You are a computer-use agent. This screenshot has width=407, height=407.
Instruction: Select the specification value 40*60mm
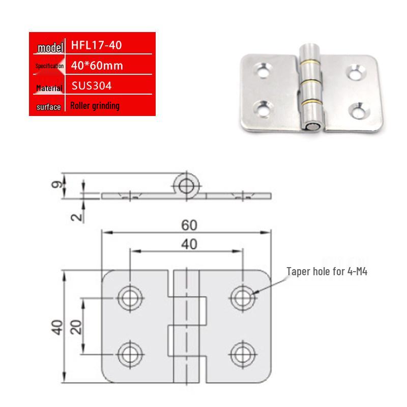(x=97, y=65)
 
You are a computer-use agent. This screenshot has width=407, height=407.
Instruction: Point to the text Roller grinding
(x=95, y=106)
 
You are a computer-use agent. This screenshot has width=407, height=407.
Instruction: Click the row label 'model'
(x=49, y=49)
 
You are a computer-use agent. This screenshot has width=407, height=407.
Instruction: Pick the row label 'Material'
(x=49, y=89)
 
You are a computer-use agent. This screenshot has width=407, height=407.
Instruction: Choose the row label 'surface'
(x=49, y=107)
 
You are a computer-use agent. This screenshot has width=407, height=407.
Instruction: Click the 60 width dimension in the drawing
(x=186, y=224)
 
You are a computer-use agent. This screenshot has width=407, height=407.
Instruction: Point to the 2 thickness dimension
(x=76, y=216)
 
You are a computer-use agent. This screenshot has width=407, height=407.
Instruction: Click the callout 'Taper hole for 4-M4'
(x=327, y=272)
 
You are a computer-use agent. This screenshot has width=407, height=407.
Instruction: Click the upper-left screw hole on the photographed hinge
(x=264, y=69)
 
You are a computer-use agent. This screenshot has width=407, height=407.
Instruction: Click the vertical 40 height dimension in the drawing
(x=56, y=327)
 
